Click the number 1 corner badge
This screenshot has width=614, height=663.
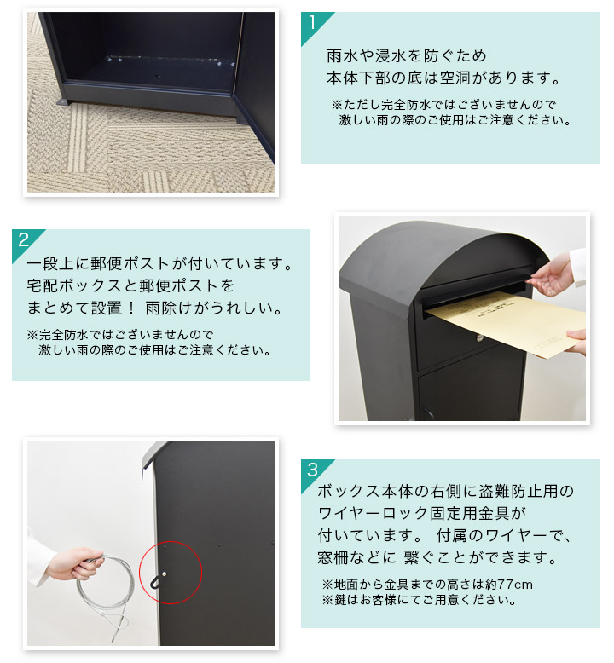pyautogui.click(x=312, y=23)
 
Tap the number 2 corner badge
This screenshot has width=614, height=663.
pyautogui.click(x=23, y=241)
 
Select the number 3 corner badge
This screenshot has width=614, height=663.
pyautogui.click(x=312, y=471)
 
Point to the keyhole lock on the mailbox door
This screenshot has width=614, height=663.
pyautogui.click(x=480, y=337)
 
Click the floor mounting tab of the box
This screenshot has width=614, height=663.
pyautogui.click(x=61, y=102)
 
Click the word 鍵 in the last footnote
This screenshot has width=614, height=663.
pyautogui.click(x=340, y=600)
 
